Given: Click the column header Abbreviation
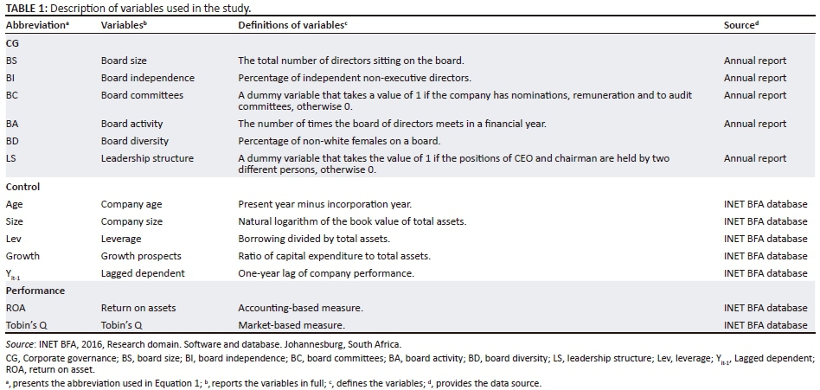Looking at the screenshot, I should [35, 25].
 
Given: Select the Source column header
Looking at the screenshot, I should [740, 25].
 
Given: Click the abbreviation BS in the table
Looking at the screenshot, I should [11, 61].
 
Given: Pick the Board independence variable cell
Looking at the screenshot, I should [147, 78].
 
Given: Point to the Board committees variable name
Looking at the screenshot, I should [142, 95].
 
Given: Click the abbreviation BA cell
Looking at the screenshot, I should [11, 124].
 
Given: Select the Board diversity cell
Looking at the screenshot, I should [134, 141].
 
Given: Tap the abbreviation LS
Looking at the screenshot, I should [10, 158].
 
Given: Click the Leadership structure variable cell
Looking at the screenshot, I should [147, 158].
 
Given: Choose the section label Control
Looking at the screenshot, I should [22, 187].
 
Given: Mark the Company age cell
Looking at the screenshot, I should [131, 204].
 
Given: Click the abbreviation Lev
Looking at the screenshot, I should [13, 239].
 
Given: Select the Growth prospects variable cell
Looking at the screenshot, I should [141, 256].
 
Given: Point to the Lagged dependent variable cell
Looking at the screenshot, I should [143, 273].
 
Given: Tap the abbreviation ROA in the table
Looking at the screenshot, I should [16, 308].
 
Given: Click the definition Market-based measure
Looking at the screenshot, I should [291, 325].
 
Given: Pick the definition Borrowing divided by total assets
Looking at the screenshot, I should [314, 239].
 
